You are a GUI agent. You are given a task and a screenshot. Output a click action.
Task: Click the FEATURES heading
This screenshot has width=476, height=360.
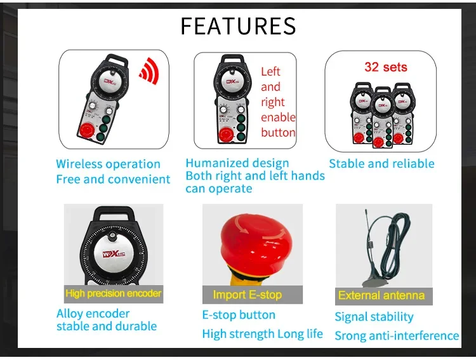tap(238, 26)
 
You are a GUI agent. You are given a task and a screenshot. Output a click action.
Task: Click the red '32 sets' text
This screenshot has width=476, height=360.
tap(385, 67)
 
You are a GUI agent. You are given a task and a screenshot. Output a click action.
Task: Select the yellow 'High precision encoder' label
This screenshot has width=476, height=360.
tap(114, 293)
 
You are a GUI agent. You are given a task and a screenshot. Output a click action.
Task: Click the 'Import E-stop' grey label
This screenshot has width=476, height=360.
tap(247, 295)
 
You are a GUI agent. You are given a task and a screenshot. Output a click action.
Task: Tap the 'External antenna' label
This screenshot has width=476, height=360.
tap(381, 295)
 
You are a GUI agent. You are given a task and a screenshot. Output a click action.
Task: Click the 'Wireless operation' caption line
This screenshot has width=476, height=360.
tap(108, 164)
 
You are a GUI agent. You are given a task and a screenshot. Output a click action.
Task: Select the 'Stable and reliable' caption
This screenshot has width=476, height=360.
tap(381, 164)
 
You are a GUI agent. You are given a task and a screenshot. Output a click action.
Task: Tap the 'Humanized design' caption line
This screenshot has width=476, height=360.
tap(237, 163)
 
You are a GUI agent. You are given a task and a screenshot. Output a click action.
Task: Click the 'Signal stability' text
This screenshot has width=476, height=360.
tap(374, 317)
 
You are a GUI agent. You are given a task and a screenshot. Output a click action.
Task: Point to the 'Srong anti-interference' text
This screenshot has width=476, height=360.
tap(397, 335)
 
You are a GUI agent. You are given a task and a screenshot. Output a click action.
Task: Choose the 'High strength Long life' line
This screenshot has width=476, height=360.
tap(262, 334)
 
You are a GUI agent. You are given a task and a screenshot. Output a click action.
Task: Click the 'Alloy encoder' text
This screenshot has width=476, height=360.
tap(93, 314)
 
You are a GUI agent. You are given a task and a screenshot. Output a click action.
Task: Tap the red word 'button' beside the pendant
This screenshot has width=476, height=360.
tap(278, 132)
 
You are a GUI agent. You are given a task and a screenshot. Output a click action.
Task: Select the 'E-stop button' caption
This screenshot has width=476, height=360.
tap(239, 315)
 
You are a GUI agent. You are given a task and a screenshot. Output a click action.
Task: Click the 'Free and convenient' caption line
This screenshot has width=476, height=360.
tap(113, 179)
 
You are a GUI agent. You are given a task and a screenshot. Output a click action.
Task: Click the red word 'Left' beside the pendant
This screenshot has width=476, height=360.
tap(270, 72)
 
